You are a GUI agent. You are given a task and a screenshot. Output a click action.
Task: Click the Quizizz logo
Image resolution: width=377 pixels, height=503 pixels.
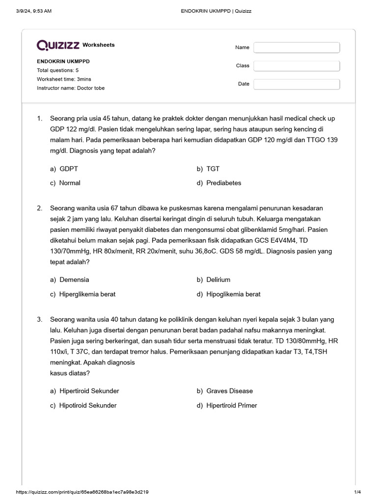pos(58,45)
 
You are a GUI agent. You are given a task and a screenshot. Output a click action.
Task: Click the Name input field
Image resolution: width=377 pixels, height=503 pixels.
pos(296,48)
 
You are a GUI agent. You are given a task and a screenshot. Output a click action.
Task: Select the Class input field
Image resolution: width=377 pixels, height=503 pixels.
pos(296,66)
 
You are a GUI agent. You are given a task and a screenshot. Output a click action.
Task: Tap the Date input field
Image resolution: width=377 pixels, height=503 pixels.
pos(296,84)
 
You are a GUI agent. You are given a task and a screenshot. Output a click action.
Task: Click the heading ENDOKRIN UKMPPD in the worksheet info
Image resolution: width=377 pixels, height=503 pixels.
pos(63,61)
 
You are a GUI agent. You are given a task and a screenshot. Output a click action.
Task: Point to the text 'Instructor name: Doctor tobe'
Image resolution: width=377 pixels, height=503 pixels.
pos(71,88)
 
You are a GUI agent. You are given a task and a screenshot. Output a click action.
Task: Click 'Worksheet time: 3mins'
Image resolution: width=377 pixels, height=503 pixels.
pos(64,79)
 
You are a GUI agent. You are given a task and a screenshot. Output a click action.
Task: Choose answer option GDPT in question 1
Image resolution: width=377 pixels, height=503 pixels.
pos(68,168)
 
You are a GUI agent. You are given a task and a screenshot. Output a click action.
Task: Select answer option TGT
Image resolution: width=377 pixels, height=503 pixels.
pos(213,168)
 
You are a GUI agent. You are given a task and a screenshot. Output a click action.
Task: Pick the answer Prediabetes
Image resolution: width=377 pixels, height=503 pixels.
pos(223,183)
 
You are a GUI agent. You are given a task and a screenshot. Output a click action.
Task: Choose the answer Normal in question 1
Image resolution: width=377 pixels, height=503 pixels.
pos(70,183)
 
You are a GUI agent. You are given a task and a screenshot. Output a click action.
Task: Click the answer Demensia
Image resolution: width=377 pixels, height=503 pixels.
pos(74,279)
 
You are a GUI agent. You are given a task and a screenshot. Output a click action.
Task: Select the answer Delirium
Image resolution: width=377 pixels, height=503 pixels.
pos(218,279)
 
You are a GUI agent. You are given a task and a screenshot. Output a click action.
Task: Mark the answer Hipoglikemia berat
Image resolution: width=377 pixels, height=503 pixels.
pos(233,294)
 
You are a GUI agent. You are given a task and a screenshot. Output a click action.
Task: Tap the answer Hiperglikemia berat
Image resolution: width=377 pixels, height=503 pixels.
pos(87,294)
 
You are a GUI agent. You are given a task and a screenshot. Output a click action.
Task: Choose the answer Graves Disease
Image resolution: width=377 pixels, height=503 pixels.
pos(229,391)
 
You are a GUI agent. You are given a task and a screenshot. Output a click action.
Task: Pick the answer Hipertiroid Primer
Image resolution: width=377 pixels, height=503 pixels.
pos(231,405)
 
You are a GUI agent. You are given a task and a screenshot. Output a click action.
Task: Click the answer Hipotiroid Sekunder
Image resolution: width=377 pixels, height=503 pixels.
pos(88,405)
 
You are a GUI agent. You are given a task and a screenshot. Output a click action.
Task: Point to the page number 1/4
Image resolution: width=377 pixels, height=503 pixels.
pos(357,492)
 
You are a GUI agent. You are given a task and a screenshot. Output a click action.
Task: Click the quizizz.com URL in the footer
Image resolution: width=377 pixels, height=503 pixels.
pos(82,492)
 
